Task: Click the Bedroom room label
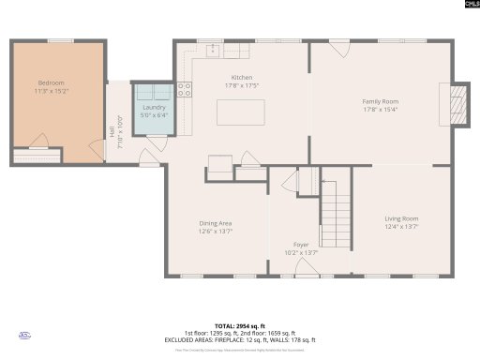(x=51, y=82)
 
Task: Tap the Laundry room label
(x=154, y=108)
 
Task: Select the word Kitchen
(x=243, y=78)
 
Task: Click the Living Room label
(x=401, y=218)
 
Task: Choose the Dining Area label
(x=215, y=223)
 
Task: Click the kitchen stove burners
(x=185, y=91)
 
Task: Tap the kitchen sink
(x=214, y=48)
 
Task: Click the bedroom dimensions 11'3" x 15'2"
(x=52, y=91)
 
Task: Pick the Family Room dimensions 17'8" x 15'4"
(x=381, y=110)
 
